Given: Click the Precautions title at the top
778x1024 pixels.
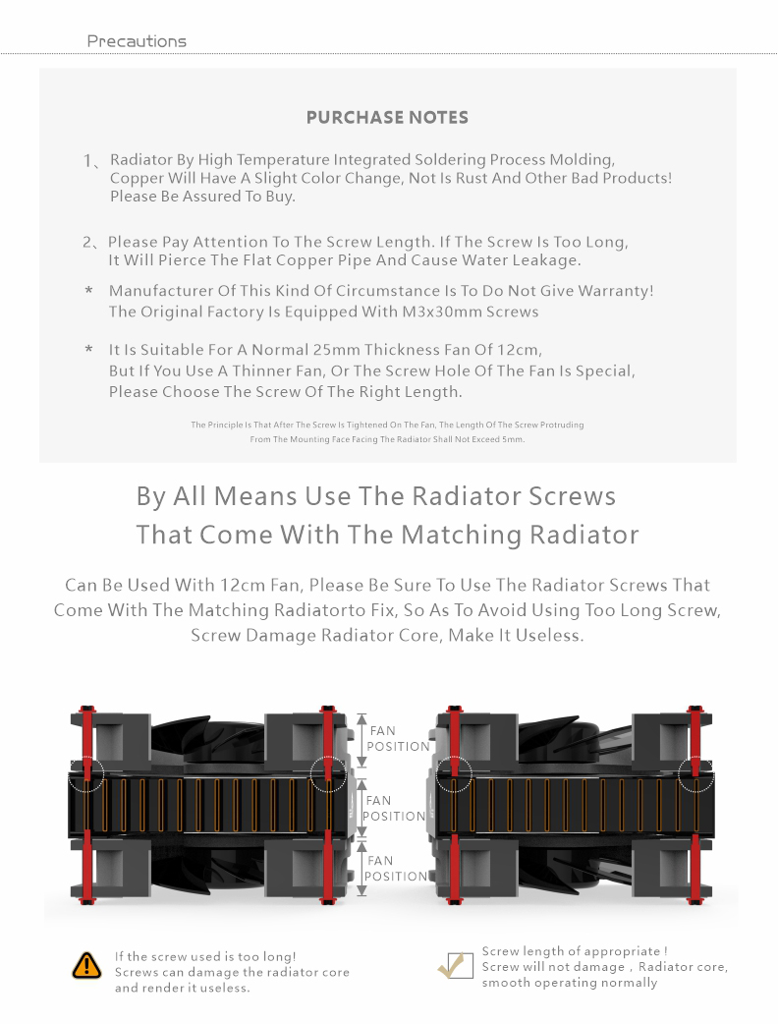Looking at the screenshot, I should tap(137, 41).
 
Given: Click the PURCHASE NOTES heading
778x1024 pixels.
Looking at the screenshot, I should tap(387, 117).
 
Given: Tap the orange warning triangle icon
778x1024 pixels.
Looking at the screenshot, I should tap(86, 965).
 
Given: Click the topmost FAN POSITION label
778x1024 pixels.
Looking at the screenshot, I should tap(397, 738).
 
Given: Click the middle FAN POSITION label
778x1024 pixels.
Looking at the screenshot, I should tap(394, 808).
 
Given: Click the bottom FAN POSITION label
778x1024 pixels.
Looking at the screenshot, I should tap(396, 868).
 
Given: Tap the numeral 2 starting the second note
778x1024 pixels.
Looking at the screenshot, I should tap(87, 242).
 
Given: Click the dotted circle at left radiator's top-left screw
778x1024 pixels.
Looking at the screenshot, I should tap(86, 772).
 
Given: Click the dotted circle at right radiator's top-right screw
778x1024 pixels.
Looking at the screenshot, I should tap(697, 772).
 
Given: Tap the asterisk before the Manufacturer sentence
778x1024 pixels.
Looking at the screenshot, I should tap(88, 291).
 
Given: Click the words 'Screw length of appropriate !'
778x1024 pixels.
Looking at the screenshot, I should tap(575, 951).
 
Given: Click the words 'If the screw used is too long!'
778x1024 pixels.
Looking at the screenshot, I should tap(205, 956).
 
